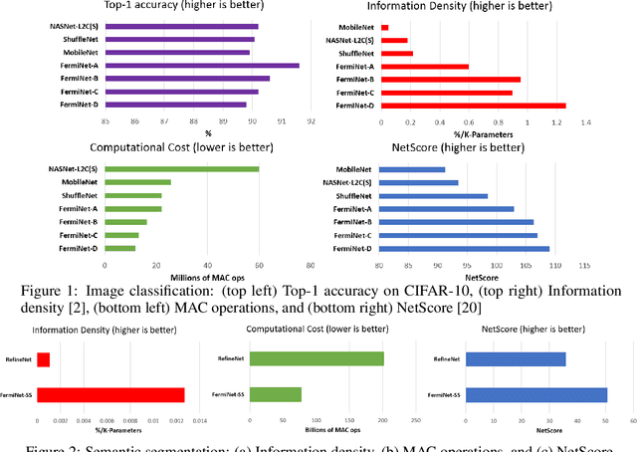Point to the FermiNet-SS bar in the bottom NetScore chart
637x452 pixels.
536,395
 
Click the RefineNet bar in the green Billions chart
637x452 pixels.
318,358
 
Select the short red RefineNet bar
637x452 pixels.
43,359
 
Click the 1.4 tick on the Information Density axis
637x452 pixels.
585,122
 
